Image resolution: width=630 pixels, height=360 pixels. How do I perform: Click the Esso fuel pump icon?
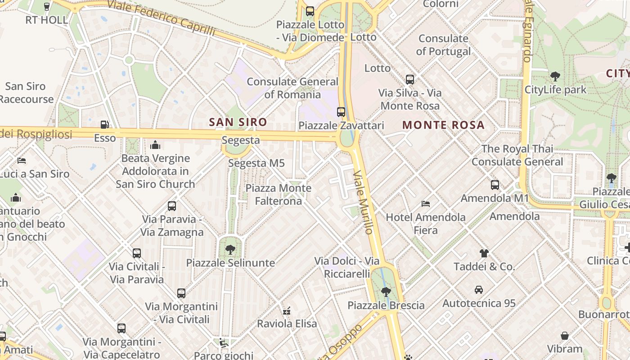[104, 125]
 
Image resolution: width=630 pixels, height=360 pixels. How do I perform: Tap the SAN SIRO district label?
[238, 122]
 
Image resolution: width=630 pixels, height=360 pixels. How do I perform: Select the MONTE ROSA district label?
[443, 125]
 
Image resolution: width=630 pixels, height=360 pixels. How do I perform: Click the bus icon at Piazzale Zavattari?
[341, 112]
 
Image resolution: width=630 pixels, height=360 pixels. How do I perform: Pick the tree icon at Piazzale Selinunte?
[230, 249]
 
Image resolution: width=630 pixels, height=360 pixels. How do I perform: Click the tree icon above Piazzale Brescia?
[386, 292]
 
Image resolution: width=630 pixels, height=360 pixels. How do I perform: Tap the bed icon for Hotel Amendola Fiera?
[426, 204]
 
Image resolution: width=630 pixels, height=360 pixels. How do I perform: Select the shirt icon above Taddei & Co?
[484, 253]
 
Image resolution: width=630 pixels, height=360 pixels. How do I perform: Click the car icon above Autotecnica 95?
[479, 290]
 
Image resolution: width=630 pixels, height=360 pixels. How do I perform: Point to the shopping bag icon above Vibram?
[565, 336]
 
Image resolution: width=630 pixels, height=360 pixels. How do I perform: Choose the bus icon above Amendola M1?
[495, 184]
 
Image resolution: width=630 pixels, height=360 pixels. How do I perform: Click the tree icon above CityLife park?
[555, 76]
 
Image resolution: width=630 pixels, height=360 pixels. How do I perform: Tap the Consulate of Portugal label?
[444, 45]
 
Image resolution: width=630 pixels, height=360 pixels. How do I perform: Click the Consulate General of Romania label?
[292, 88]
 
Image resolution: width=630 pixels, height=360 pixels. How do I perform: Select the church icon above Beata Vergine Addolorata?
[155, 145]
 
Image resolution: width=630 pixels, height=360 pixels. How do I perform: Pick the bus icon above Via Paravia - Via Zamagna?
[172, 206]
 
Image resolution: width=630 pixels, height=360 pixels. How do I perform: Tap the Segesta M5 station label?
[256, 163]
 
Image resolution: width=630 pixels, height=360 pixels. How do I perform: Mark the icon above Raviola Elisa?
[287, 310]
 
